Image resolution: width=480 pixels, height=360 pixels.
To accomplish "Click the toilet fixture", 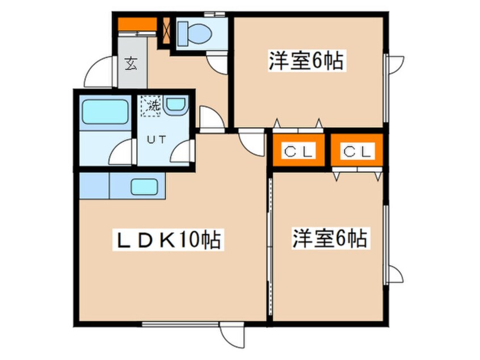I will click(x=194, y=34).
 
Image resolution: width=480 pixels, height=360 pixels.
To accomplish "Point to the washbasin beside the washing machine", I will click(x=176, y=104).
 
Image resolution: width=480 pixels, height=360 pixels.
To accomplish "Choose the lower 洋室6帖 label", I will click(x=329, y=238).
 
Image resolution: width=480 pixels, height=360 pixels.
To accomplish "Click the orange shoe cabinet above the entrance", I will click(x=136, y=24).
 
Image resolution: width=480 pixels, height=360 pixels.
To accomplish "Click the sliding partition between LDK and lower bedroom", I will click(x=270, y=250).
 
